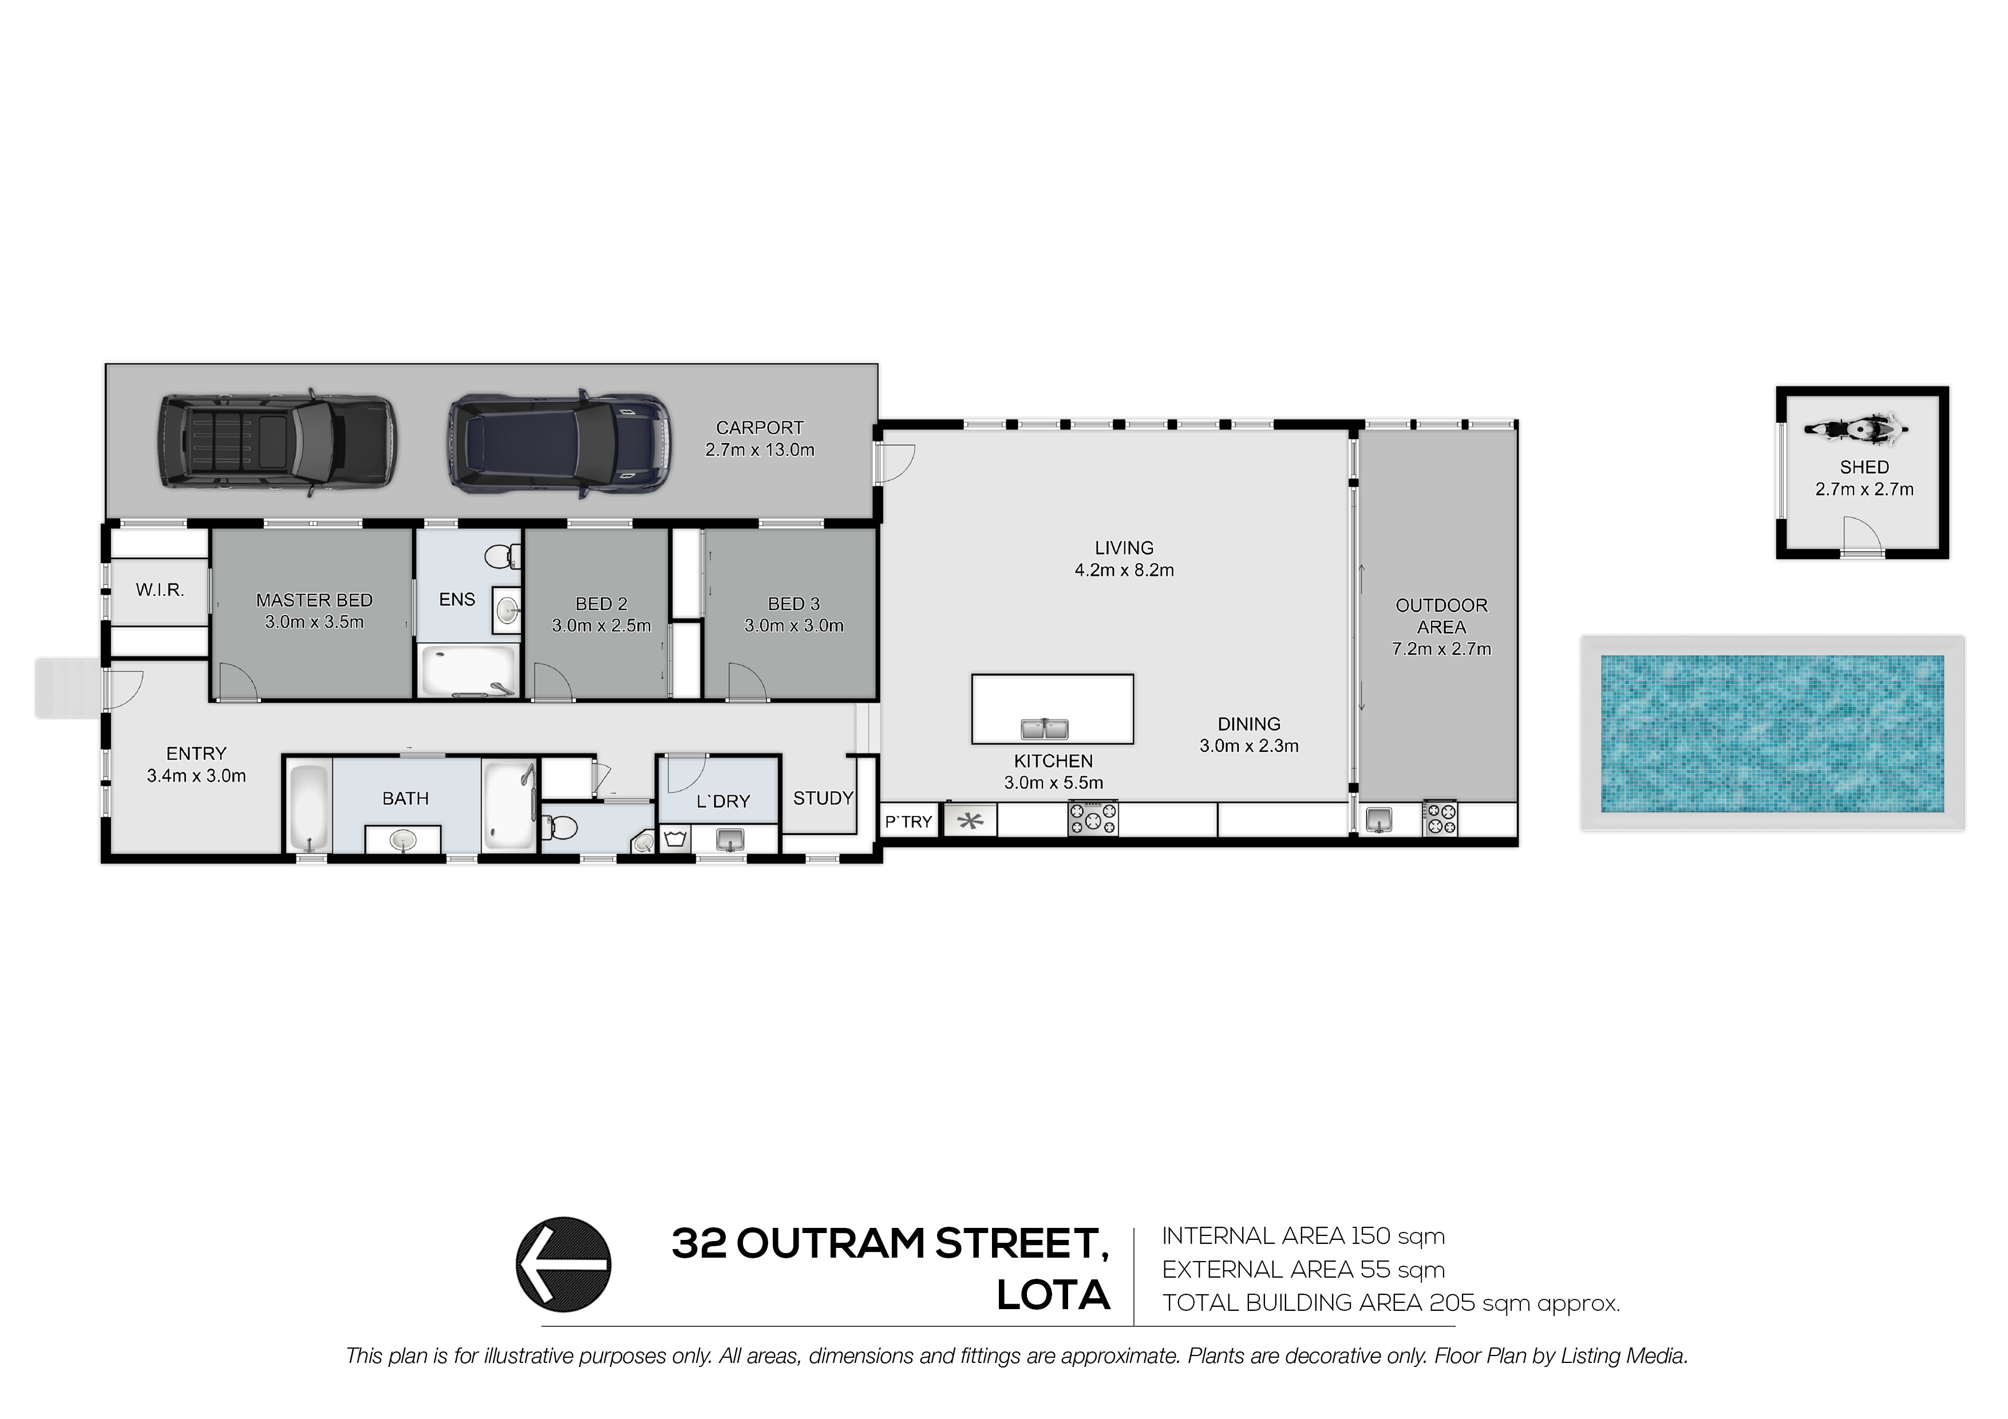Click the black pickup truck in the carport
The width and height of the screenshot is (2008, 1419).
[276, 444]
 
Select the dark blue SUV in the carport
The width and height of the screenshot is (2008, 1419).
[560, 444]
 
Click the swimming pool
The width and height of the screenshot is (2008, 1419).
[1773, 732]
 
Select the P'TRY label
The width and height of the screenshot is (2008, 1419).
[908, 822]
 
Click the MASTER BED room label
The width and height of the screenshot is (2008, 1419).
[314, 600]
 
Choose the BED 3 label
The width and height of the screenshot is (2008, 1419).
[794, 604]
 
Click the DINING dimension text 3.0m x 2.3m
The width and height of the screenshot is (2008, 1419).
[1249, 746]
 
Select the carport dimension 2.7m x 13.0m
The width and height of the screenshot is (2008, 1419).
[760, 450]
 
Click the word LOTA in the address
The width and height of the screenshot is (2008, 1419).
[1053, 1296]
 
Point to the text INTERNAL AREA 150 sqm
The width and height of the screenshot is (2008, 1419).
[1303, 1236]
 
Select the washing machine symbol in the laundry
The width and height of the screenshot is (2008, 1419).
[674, 839]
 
